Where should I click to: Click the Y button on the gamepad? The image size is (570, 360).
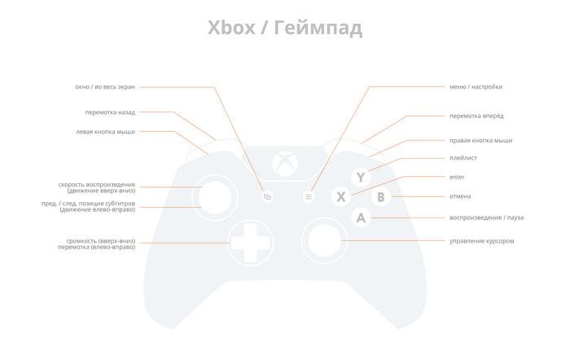pos(361,177)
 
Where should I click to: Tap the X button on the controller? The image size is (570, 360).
pos(341,196)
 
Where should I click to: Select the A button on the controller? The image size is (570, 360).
pos(361,217)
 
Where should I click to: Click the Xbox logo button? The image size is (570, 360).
pos(285,165)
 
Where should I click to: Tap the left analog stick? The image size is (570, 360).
pos(215,197)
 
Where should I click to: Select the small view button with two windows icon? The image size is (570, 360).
pos(267,196)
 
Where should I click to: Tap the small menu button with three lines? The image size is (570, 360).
pos(309,196)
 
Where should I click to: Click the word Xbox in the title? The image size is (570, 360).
pos(231,29)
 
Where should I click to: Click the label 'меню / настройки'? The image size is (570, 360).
pos(476,86)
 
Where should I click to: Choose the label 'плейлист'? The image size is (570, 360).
pos(463,158)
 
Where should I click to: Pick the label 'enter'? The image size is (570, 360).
pos(457,177)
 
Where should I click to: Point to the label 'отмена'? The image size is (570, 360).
pos(460,196)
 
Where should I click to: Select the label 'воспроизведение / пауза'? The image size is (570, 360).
pos(486,217)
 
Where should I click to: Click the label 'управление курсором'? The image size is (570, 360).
pos(481,240)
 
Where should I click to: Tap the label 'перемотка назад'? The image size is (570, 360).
pos(110,112)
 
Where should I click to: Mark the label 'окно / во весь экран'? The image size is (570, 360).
pos(105,86)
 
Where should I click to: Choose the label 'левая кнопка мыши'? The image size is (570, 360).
pos(105,131)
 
